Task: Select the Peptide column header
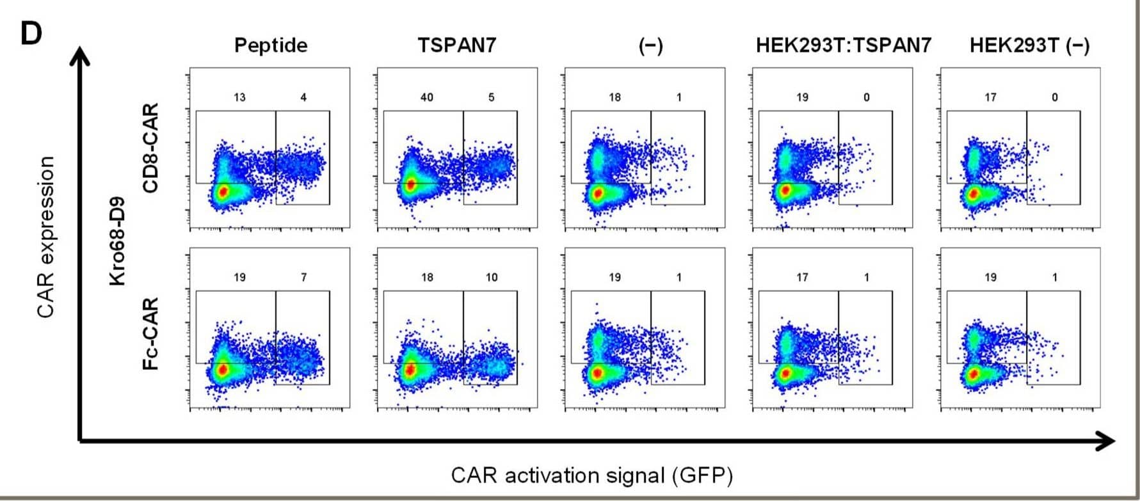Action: [x=271, y=45]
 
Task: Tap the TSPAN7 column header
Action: [x=457, y=45]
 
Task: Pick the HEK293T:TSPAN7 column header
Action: [x=843, y=45]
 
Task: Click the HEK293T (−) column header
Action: [x=1029, y=45]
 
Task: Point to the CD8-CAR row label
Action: [x=151, y=148]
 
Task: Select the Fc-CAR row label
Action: [x=151, y=333]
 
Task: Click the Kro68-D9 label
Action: [x=117, y=241]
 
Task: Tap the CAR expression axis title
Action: [x=46, y=237]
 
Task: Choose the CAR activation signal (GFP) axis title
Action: [x=592, y=476]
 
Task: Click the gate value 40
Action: [x=427, y=97]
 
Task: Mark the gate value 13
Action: [x=239, y=97]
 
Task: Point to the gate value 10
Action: [x=491, y=277]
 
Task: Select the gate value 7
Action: [x=303, y=277]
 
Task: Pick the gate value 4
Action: [x=303, y=97]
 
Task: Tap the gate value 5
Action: [x=491, y=97]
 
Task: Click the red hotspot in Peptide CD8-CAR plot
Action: [x=223, y=191]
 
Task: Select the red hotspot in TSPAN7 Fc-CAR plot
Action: [x=410, y=370]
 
